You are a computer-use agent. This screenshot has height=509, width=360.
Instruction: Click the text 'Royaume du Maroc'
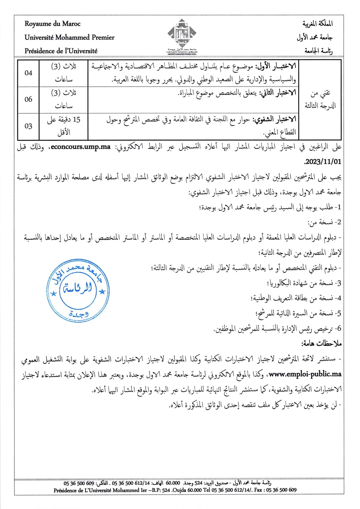[53, 24]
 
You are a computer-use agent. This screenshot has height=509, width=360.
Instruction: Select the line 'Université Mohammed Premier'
[69, 37]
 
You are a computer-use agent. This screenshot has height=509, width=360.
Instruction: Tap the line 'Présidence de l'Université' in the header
[61, 51]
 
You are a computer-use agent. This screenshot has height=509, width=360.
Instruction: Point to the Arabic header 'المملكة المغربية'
[318, 24]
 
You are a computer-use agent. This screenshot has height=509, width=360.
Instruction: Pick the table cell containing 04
[28, 73]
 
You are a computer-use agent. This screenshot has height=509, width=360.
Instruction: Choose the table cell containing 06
[28, 100]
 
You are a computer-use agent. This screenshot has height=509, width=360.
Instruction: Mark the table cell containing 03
[28, 126]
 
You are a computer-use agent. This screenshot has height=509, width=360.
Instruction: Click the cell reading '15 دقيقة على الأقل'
[64, 126]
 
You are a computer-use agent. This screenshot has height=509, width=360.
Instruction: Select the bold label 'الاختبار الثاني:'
[278, 93]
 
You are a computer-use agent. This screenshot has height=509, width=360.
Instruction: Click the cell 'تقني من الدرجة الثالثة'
[320, 100]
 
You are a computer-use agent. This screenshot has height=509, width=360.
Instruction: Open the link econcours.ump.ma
[81, 147]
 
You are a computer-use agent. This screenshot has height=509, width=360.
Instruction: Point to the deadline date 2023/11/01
[323, 162]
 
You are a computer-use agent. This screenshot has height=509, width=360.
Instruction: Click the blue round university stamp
[78, 290]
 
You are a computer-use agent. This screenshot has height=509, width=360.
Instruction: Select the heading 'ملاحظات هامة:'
[321, 344]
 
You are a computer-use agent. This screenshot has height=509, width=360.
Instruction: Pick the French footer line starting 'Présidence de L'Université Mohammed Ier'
[175, 490]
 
